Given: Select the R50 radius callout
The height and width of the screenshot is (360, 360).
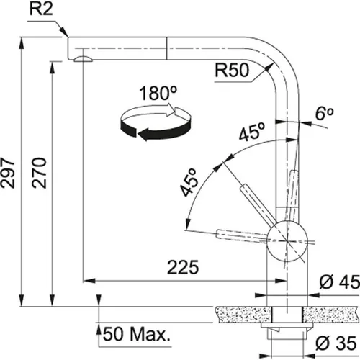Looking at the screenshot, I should [x=231, y=71].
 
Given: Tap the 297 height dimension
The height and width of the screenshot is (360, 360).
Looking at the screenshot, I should [x=9, y=173].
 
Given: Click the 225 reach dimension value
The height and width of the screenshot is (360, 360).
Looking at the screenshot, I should [x=184, y=268].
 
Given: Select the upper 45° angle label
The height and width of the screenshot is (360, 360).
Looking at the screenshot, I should [x=249, y=134].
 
